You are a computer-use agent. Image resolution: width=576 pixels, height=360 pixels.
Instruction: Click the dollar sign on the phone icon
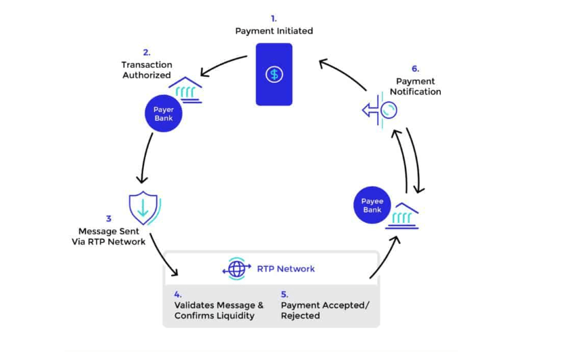pyautogui.click(x=274, y=74)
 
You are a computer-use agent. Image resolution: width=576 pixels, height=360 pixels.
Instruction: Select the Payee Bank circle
pyautogui.click(x=372, y=205)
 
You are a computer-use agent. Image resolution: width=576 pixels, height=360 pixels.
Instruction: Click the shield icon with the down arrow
pyautogui.click(x=143, y=208)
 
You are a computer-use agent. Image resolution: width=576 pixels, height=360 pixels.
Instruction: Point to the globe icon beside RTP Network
pyautogui.click(x=237, y=269)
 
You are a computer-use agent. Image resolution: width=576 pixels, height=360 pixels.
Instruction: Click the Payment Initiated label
pyautogui.click(x=274, y=31)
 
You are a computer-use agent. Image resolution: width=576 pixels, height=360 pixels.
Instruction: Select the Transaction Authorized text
pyautogui.click(x=146, y=70)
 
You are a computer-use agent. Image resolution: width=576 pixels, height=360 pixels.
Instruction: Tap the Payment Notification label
pyautogui.click(x=415, y=86)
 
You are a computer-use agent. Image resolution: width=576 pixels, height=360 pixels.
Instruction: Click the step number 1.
pyautogui.click(x=274, y=18)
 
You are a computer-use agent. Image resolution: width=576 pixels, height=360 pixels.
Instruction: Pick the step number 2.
pyautogui.click(x=146, y=52)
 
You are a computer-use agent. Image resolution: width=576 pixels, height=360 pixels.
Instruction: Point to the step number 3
pyautogui.click(x=109, y=219)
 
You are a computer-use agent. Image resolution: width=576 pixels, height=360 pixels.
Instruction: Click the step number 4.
pyautogui.click(x=177, y=294)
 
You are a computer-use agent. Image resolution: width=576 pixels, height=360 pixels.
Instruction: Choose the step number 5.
pyautogui.click(x=285, y=294)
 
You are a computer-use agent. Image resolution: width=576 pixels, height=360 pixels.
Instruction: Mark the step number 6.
pyautogui.click(x=415, y=69)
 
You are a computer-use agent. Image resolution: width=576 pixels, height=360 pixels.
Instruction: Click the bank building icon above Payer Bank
pyautogui.click(x=185, y=90)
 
